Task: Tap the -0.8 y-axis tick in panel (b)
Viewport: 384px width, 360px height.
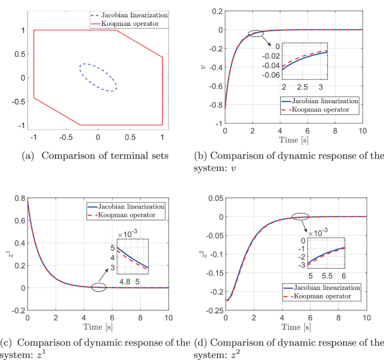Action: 213,104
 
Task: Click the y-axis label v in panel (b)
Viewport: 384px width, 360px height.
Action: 202,68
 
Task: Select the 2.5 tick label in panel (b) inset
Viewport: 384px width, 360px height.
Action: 302,88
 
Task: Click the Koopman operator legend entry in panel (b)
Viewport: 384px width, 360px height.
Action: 325,110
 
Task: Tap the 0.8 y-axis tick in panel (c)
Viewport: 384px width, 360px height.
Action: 18,198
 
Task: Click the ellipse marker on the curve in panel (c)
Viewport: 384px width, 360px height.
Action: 99,287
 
